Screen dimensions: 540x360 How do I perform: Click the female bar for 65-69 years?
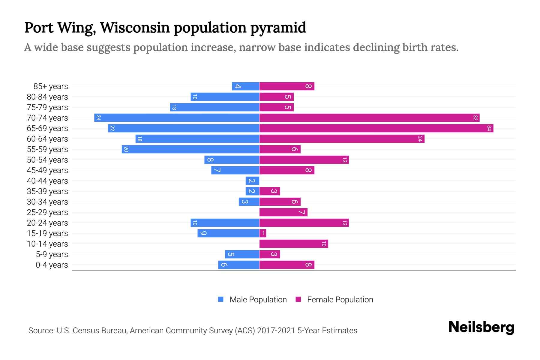click(376, 128)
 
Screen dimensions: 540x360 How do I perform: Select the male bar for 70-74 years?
click(177, 118)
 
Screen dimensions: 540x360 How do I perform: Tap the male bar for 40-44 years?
click(252, 181)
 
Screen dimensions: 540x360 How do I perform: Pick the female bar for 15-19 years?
click(263, 233)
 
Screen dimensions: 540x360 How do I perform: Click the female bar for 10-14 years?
click(294, 244)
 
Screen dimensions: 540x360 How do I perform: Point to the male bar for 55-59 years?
click(190, 149)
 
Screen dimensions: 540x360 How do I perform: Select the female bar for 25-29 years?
click(283, 212)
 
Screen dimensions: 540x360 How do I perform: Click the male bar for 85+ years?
click(245, 86)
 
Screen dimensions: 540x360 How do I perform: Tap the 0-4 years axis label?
click(52, 265)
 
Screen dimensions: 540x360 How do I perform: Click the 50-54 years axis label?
click(47, 160)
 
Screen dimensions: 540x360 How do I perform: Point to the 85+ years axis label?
click(51, 86)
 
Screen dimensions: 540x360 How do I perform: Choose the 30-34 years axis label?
click(47, 202)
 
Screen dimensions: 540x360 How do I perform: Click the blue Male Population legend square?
click(221, 299)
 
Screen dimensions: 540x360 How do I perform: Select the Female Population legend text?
click(340, 300)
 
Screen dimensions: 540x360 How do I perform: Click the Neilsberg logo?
click(481, 327)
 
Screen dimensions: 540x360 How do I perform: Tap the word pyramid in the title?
click(278, 28)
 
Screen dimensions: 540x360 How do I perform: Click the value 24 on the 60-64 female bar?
click(420, 139)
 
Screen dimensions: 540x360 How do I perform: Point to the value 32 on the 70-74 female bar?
click(475, 118)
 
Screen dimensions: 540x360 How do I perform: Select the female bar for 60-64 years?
click(342, 139)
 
